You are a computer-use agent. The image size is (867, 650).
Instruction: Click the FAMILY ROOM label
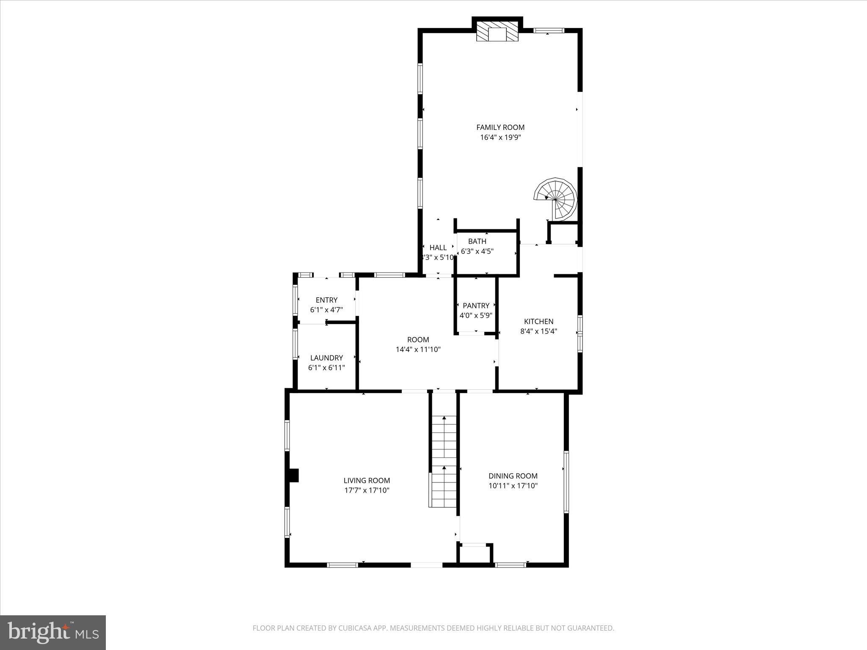pos(500,127)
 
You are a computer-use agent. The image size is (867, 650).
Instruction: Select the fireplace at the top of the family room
pos(497,32)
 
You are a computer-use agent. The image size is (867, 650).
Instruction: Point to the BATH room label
pos(477,241)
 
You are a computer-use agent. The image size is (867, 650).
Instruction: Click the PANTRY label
pos(476,306)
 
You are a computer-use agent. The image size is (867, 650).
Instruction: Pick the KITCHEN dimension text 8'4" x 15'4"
pos(538,331)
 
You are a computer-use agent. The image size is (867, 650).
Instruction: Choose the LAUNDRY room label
pos(326,358)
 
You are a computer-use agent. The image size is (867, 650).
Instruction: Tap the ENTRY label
pos(326,300)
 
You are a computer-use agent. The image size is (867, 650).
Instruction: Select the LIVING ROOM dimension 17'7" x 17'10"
pos(367,490)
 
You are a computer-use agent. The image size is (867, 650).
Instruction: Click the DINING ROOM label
pos(513,476)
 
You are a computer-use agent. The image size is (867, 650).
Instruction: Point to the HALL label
pos(438,248)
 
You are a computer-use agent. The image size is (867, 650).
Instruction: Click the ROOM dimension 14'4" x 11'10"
pos(418,350)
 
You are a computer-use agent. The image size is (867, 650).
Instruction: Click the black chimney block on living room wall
pos(293,475)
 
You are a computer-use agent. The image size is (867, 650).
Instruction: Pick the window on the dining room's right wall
pos(566,482)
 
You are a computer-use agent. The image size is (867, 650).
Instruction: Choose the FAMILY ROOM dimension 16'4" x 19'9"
pos(500,138)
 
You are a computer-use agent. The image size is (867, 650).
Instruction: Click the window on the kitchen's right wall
pos(580,334)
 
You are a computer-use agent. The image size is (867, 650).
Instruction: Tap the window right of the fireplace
pos(549,30)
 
